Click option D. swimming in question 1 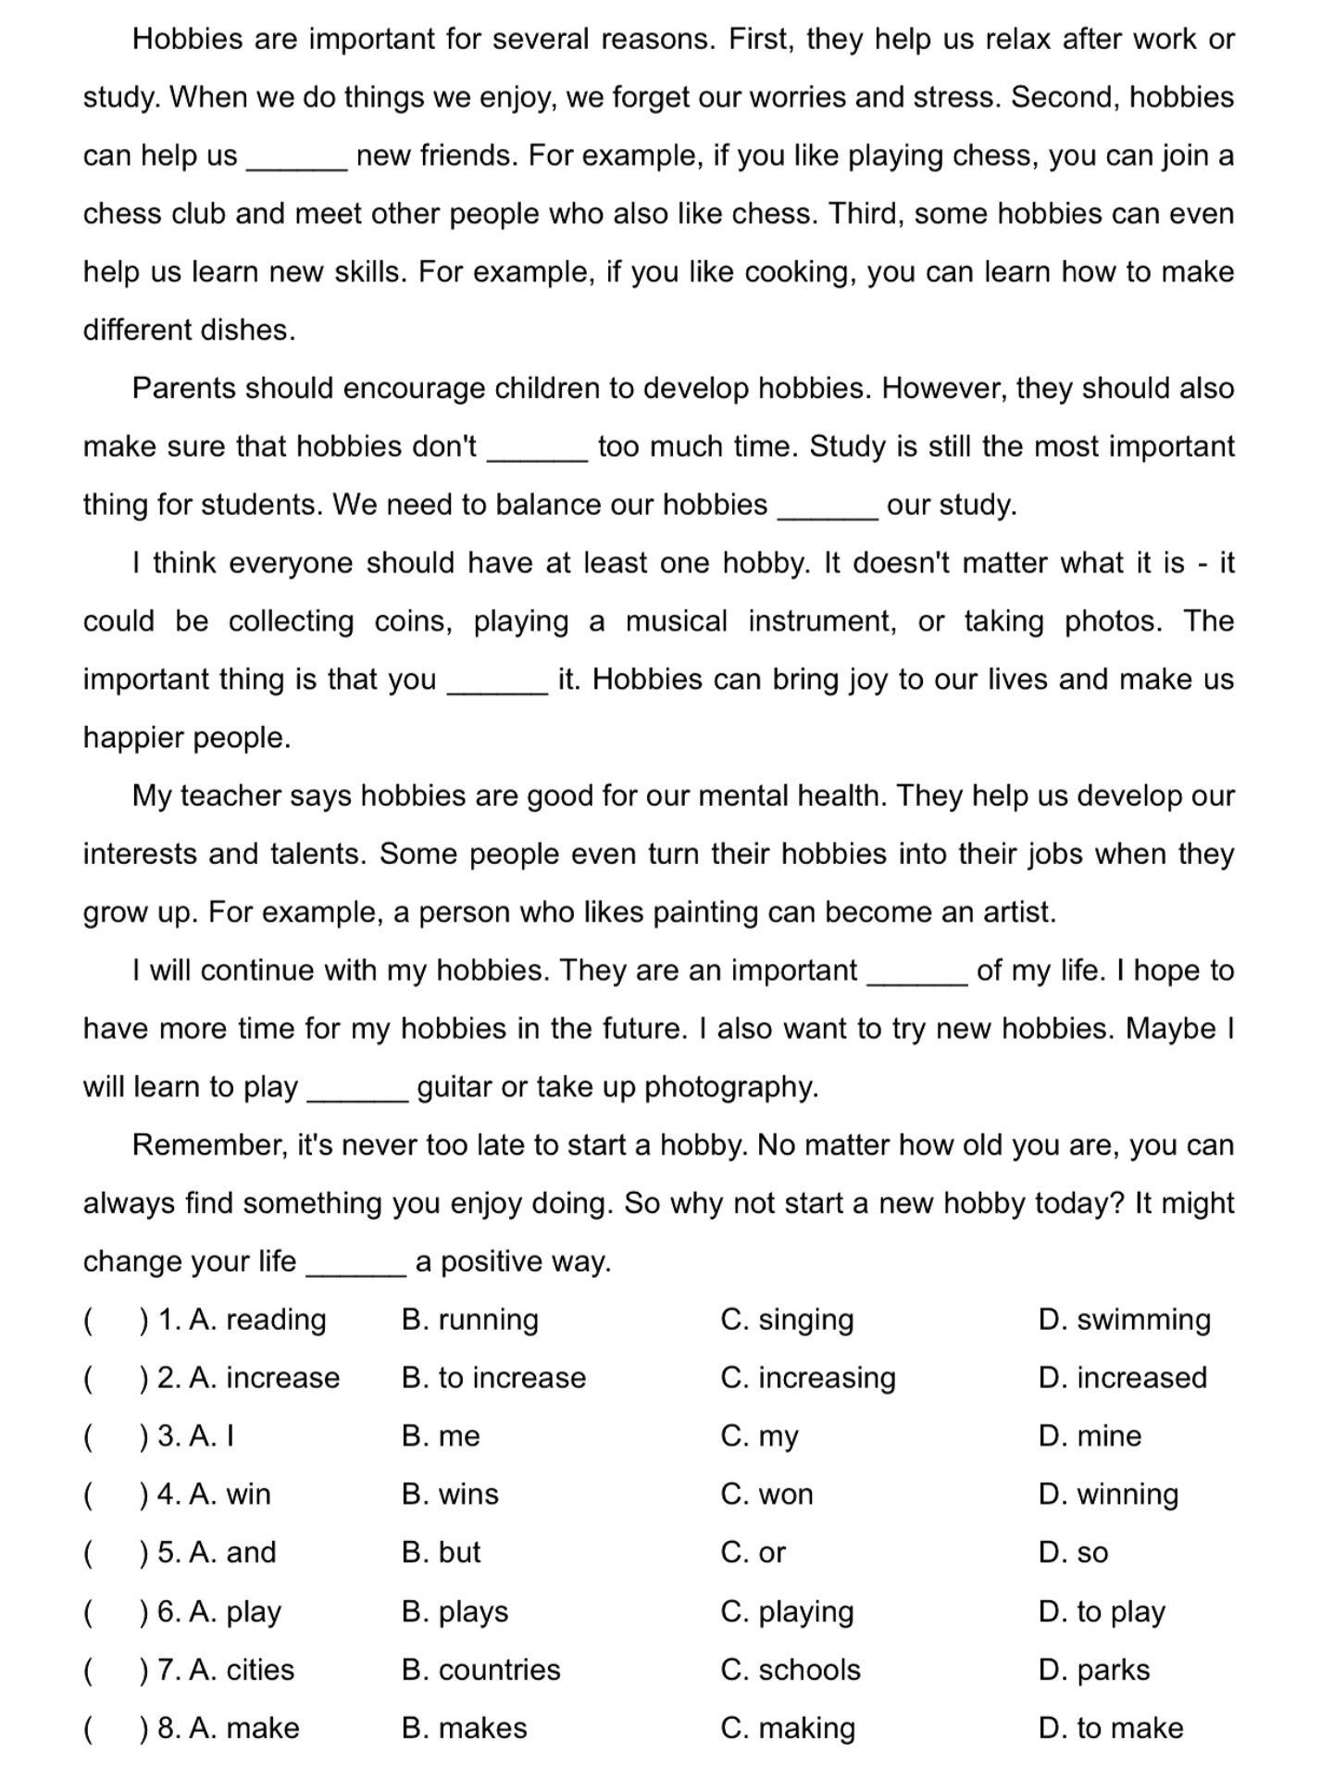coord(1124,1320)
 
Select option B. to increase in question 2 coord(493,1378)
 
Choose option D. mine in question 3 coord(1090,1436)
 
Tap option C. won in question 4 coord(766,1495)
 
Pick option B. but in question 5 coord(441,1553)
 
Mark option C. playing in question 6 coord(787,1612)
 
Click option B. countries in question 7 coord(480,1671)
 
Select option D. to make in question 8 coord(1111,1729)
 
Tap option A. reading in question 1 coord(257,1320)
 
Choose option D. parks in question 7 coord(1094,1671)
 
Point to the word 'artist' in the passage coord(1016,913)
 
